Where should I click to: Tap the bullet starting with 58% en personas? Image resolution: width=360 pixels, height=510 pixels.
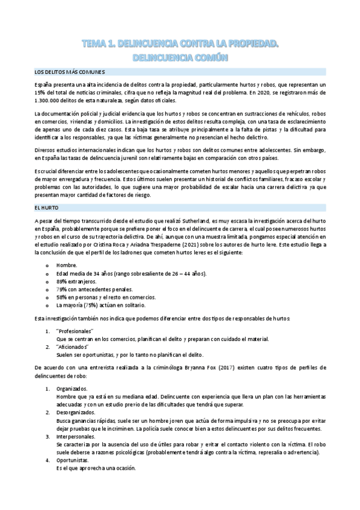[x=97, y=297]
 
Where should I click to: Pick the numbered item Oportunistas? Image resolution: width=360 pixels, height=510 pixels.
[x=72, y=459]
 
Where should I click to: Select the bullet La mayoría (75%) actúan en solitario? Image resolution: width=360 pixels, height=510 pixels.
[x=97, y=305]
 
